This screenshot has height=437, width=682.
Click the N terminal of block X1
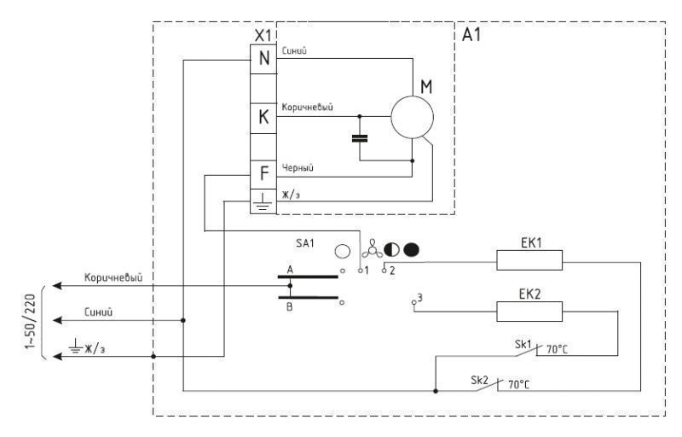tap(263, 58)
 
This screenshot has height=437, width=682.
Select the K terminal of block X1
tap(263, 117)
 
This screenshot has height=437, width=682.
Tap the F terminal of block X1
tap(263, 174)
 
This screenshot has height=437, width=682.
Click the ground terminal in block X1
tap(263, 201)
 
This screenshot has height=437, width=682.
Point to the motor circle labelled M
tap(412, 118)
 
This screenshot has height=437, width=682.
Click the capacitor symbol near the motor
tap(359, 139)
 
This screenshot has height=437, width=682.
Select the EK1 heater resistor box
tap(529, 260)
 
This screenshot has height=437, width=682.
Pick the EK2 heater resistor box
tap(529, 312)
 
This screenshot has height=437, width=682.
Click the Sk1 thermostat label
tap(523, 344)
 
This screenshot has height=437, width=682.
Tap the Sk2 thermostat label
tap(479, 380)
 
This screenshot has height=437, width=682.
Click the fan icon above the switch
tap(372, 249)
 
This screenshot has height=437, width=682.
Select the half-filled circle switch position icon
tap(391, 250)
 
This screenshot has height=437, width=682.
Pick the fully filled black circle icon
tap(411, 250)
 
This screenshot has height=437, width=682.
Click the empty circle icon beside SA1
tap(343, 251)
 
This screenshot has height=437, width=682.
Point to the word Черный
tap(298, 167)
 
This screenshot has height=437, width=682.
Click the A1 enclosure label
tap(471, 34)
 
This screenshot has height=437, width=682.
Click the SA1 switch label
tap(305, 243)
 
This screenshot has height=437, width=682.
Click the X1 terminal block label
tap(263, 36)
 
